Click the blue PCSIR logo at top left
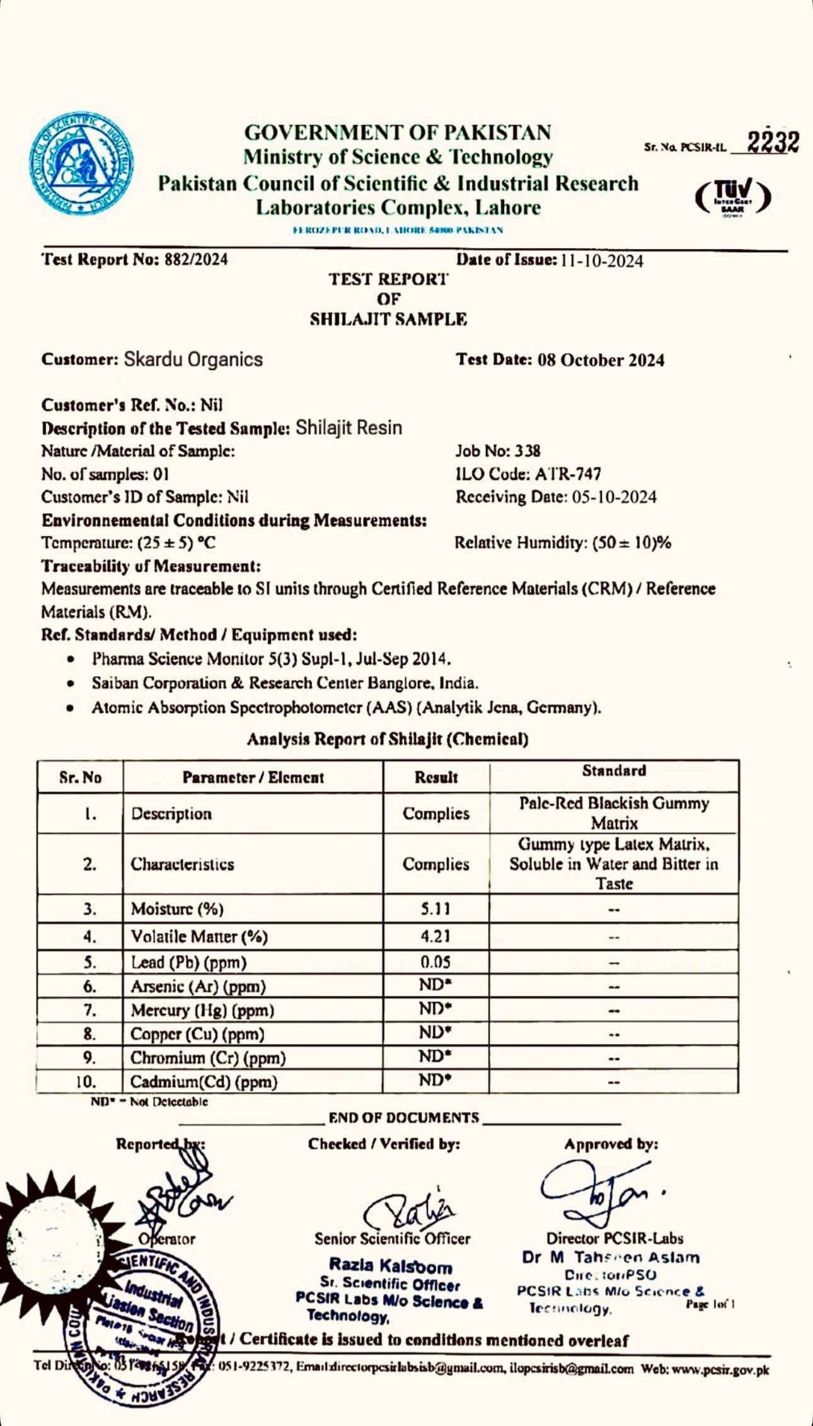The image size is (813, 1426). pyautogui.click(x=81, y=163)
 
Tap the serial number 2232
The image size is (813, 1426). pyautogui.click(x=773, y=142)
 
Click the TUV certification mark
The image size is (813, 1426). pyautogui.click(x=733, y=197)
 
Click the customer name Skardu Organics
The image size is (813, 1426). pyautogui.click(x=193, y=359)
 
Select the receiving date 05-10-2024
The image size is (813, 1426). pyautogui.click(x=614, y=497)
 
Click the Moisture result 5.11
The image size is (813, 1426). pyautogui.click(x=435, y=908)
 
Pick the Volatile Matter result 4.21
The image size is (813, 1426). pyautogui.click(x=435, y=936)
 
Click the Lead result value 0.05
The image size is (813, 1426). pyautogui.click(x=435, y=962)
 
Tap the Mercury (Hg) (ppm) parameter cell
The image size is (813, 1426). pyautogui.click(x=202, y=1010)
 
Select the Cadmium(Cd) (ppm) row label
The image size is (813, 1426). pyautogui.click(x=204, y=1082)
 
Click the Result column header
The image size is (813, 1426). pyautogui.click(x=435, y=777)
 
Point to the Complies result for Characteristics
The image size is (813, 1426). pyautogui.click(x=435, y=864)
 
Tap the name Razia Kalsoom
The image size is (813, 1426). pyautogui.click(x=391, y=1266)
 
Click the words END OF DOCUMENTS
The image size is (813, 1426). pyautogui.click(x=403, y=1118)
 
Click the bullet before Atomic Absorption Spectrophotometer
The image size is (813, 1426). pyautogui.click(x=71, y=708)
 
